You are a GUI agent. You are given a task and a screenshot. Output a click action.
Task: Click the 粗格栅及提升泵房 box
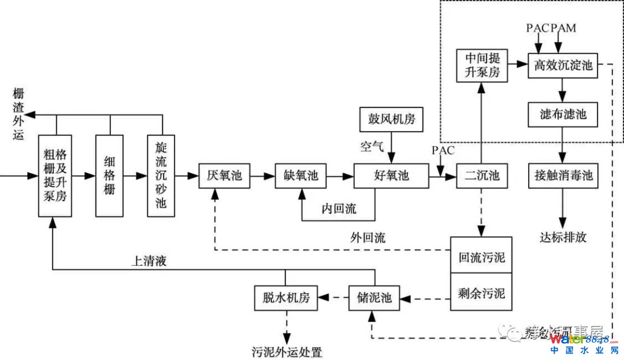[55, 175]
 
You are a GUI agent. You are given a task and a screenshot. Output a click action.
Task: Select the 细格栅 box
[109, 175]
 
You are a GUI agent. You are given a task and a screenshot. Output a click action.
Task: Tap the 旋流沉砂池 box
[161, 175]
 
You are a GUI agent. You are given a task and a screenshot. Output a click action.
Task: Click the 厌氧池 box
[225, 176]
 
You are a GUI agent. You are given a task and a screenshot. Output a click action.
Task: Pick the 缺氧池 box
[301, 176]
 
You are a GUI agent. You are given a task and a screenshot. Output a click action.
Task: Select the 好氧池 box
[391, 176]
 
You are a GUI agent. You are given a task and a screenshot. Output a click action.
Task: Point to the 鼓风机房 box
[392, 120]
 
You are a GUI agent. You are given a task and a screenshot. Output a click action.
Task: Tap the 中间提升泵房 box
[481, 65]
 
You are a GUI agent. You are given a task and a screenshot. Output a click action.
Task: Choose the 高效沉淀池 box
[563, 65]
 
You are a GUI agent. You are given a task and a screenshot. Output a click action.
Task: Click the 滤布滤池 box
[563, 114]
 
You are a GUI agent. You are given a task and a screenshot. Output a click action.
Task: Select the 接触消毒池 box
[563, 176]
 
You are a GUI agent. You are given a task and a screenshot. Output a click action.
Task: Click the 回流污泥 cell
[481, 256]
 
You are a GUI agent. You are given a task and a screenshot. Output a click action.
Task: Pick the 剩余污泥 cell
[481, 294]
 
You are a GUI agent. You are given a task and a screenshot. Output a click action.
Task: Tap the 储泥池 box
[373, 298]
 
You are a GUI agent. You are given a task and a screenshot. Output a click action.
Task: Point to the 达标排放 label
[563, 237]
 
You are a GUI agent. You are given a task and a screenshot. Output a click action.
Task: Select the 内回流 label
[339, 209]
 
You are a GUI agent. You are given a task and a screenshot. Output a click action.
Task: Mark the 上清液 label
[148, 261]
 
